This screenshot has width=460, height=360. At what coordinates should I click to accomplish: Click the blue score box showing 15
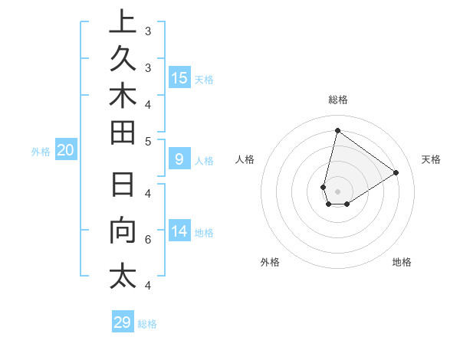click(179, 78)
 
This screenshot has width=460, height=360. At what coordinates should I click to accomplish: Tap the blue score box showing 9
click(179, 159)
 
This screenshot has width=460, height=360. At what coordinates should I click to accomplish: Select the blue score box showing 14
click(179, 231)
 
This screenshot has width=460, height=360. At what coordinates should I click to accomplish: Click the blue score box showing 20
click(66, 151)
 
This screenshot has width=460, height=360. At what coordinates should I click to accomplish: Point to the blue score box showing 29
click(123, 322)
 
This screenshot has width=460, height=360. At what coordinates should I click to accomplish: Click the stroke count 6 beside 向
click(147, 240)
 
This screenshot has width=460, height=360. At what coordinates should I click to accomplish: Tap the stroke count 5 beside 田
click(147, 140)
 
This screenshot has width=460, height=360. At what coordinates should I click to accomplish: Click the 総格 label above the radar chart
click(338, 100)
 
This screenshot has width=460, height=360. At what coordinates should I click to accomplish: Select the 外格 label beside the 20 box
click(41, 152)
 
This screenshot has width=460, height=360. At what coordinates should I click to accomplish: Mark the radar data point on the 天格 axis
click(396, 173)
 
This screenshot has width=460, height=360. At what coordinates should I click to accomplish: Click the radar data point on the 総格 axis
click(337, 130)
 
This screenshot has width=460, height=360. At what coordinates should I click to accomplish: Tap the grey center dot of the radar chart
click(337, 191)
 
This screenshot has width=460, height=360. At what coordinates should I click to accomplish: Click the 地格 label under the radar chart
click(402, 262)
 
